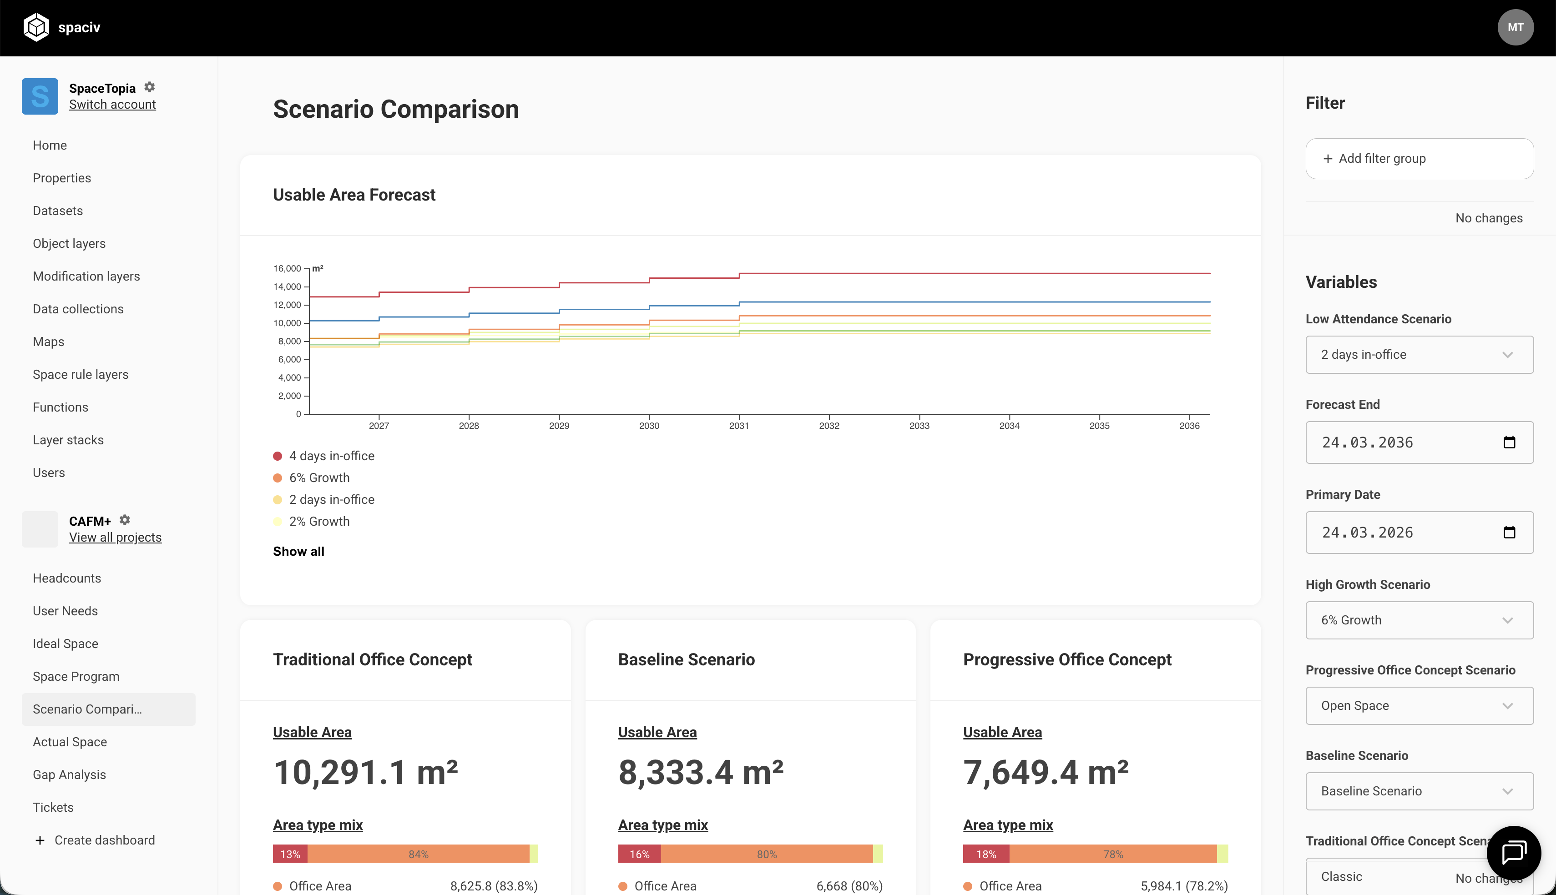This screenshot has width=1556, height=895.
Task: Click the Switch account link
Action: pyautogui.click(x=112, y=105)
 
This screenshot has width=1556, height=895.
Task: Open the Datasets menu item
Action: pyautogui.click(x=58, y=211)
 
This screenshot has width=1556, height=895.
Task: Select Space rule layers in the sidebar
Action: pyautogui.click(x=81, y=374)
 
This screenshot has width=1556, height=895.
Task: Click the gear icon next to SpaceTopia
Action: pyautogui.click(x=149, y=87)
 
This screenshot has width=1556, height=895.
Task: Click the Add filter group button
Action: pyautogui.click(x=1420, y=159)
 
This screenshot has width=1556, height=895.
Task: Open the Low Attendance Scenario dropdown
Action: pyautogui.click(x=1420, y=355)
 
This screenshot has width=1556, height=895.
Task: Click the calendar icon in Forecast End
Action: pyautogui.click(x=1509, y=442)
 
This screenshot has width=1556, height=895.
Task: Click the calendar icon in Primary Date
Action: pyautogui.click(x=1509, y=533)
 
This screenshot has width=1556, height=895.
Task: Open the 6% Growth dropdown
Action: pyautogui.click(x=1420, y=620)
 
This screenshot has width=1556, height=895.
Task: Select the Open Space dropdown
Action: pyautogui.click(x=1420, y=706)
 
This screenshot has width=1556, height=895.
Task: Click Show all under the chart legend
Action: pyautogui.click(x=299, y=551)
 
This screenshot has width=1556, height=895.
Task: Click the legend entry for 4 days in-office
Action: pyautogui.click(x=324, y=456)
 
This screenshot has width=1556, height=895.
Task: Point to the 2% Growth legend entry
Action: pyautogui.click(x=312, y=521)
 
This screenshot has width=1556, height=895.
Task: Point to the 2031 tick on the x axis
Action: pyautogui.click(x=739, y=425)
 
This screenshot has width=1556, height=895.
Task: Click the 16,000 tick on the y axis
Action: pyautogui.click(x=287, y=269)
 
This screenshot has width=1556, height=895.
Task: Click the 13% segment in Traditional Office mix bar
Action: pyautogui.click(x=290, y=854)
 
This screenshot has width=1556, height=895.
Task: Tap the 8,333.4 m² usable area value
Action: pyautogui.click(x=701, y=772)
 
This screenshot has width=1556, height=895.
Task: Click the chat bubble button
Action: pyautogui.click(x=1514, y=853)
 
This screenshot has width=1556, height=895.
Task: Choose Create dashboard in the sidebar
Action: pyautogui.click(x=95, y=840)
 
